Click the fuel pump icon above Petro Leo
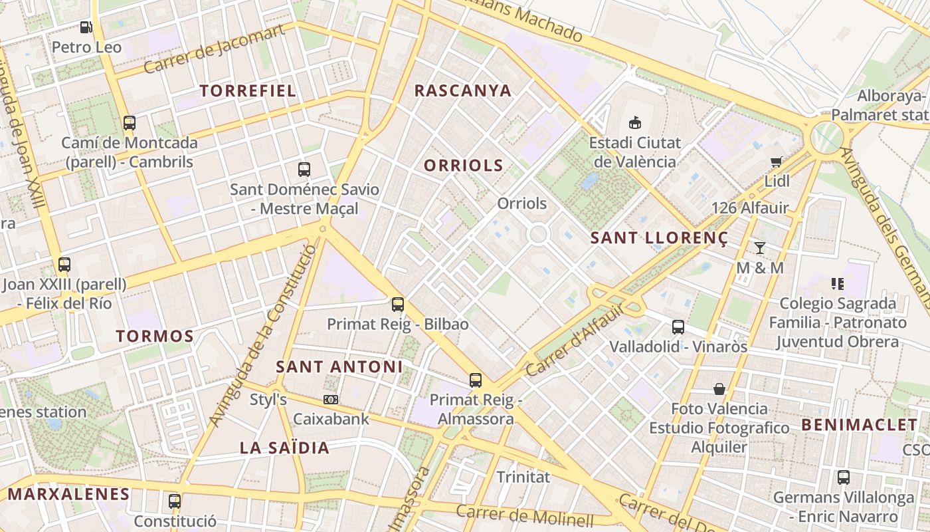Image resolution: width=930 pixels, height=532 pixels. [86, 27]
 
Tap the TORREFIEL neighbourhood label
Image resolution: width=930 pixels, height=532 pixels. [248, 91]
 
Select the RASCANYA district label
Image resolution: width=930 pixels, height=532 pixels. [463, 91]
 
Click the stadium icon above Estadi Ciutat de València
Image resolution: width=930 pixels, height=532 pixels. [635, 122]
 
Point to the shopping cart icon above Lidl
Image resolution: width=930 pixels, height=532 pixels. [776, 162]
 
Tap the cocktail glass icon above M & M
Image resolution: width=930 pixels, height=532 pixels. [760, 248]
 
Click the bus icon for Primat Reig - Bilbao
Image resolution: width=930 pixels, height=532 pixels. [398, 305]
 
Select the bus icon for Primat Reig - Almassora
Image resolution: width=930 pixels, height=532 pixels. [476, 380]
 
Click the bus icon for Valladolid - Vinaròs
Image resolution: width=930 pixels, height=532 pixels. [678, 327]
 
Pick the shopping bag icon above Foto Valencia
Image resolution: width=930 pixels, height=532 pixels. [719, 389]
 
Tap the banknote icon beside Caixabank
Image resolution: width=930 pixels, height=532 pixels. [330, 400]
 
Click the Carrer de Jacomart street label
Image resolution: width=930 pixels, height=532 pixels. [214, 49]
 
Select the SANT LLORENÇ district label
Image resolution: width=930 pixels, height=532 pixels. [659, 237]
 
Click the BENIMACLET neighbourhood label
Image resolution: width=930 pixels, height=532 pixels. [859, 425]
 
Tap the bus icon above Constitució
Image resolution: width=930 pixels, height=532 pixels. [175, 501]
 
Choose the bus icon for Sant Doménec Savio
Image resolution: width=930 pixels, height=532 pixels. [304, 169]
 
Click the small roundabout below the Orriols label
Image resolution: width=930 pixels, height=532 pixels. [537, 233]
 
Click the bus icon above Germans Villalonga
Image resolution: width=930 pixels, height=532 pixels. [843, 477]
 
